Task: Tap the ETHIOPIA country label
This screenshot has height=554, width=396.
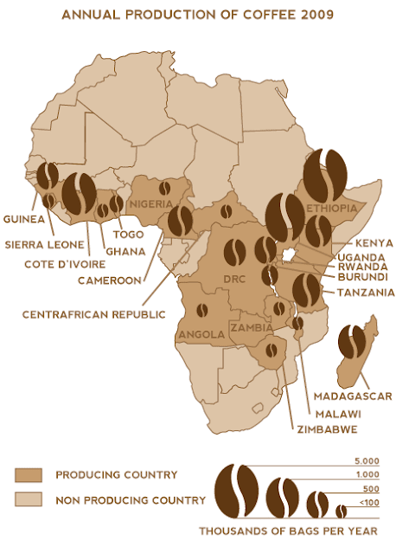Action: coord(333,209)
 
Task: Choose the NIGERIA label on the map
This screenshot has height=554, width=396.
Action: coord(152,204)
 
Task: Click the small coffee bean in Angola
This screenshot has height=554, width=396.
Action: coord(203,309)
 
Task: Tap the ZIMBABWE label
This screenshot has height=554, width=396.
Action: coord(297,428)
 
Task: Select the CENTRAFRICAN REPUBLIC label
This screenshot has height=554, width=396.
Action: coord(94,314)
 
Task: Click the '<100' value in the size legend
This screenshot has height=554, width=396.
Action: coord(367,503)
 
